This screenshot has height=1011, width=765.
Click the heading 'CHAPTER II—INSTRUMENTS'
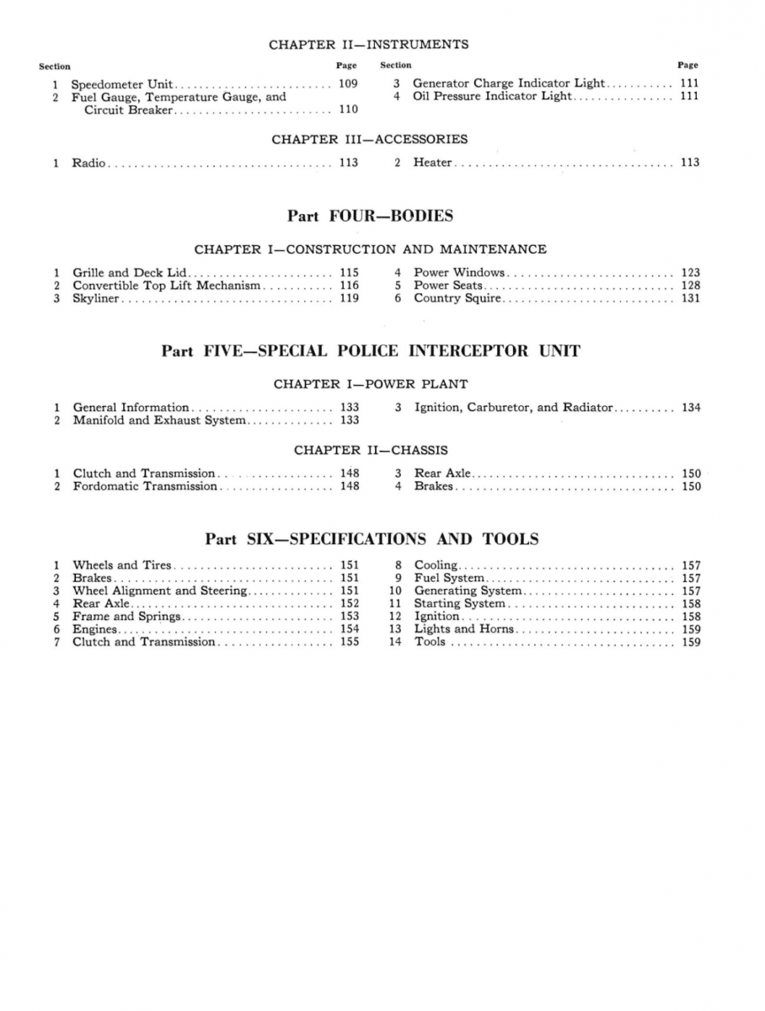(368, 44)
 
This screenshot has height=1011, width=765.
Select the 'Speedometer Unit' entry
(122, 83)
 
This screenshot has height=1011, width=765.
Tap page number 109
(348, 83)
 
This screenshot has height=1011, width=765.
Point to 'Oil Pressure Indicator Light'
(491, 96)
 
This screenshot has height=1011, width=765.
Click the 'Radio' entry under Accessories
(88, 163)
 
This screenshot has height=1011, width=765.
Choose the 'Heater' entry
(433, 163)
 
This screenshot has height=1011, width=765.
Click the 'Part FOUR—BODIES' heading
(370, 216)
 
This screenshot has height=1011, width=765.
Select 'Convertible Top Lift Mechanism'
(167, 286)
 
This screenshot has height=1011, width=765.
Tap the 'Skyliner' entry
(97, 298)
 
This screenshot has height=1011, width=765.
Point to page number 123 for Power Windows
(690, 272)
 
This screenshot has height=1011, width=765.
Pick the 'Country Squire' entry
(457, 298)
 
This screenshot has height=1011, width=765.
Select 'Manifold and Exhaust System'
(159, 420)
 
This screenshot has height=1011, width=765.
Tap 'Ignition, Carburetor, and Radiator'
(513, 407)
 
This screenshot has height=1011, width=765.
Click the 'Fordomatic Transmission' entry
(145, 486)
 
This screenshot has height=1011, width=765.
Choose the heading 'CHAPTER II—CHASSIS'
(371, 450)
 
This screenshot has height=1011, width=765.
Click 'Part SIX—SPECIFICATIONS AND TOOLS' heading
(372, 538)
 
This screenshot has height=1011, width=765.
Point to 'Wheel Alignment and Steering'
(160, 591)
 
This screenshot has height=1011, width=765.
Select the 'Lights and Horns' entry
(464, 629)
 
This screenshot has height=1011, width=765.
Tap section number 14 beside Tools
(393, 642)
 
